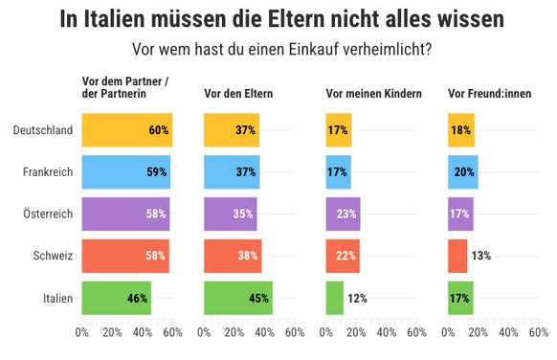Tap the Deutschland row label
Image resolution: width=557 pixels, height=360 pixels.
[x=44, y=130]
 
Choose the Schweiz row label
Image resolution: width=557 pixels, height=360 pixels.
[x=53, y=256]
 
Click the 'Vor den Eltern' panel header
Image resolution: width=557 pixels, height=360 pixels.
[x=238, y=94]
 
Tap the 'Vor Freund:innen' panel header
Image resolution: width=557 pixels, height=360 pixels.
[x=490, y=94]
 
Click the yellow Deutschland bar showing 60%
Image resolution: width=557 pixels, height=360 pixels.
[x=126, y=130]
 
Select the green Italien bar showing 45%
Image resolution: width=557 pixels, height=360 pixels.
[x=237, y=298]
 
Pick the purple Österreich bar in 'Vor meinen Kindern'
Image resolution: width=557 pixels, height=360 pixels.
[x=343, y=214]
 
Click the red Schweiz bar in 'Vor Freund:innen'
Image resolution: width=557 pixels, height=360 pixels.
[x=457, y=256]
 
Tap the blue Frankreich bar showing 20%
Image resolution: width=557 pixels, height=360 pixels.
[x=462, y=172]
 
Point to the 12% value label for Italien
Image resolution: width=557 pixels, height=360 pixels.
[x=358, y=298]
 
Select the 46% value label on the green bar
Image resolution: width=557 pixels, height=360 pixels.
[x=137, y=298]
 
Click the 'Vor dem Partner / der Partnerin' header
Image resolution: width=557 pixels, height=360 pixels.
[x=125, y=88]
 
